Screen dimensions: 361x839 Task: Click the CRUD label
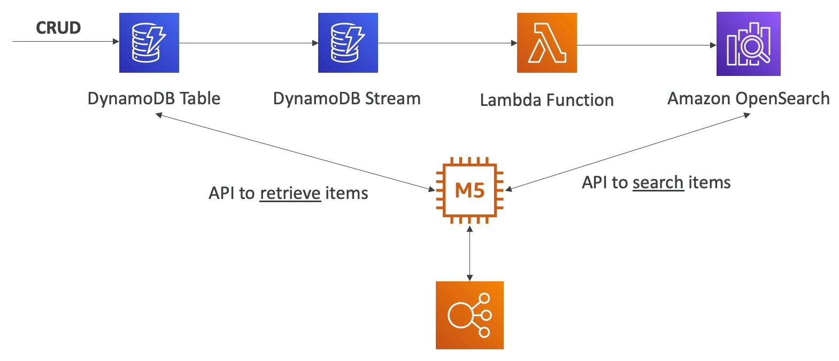pos(58,28)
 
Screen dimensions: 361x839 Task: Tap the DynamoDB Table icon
pos(149,43)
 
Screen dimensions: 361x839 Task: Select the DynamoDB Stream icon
pos(348,43)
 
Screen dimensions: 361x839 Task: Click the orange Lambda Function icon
pos(546,43)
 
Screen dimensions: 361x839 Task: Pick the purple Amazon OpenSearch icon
pos(748,44)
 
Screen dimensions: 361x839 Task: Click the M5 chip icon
pos(469,190)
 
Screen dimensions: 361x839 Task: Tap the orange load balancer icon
pos(469,315)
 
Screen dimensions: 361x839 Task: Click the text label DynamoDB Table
pos(154,98)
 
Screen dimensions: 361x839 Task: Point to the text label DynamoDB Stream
pos(347,98)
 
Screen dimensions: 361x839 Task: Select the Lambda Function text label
pos(546,100)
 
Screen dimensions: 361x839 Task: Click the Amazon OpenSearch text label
pos(748,98)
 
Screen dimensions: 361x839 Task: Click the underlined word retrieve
pos(290,193)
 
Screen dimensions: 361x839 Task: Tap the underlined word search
pos(658,182)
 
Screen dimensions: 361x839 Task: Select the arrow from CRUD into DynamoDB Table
pos(64,41)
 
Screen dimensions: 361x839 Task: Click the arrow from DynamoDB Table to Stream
pos(248,43)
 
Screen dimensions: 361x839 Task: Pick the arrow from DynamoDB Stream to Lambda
pos(447,43)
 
